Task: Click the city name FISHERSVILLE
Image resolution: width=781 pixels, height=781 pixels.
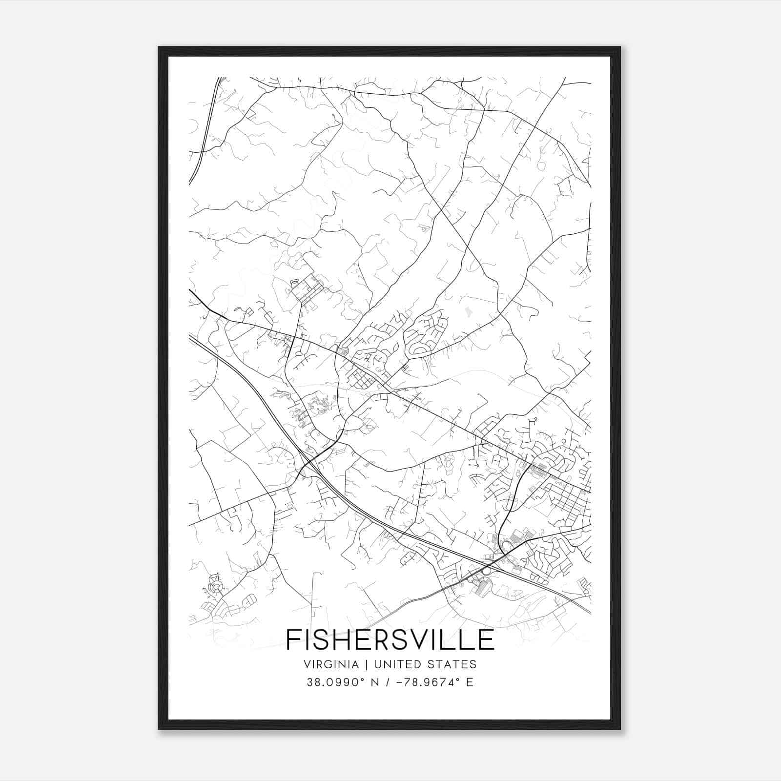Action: click(x=390, y=639)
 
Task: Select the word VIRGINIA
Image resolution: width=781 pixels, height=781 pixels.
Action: click(x=330, y=664)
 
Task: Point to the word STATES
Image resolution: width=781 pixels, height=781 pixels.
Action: click(x=452, y=664)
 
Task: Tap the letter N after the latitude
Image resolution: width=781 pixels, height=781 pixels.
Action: click(x=361, y=682)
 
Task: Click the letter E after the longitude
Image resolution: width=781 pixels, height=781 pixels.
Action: click(x=470, y=682)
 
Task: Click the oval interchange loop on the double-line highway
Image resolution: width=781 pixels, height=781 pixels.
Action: click(x=486, y=570)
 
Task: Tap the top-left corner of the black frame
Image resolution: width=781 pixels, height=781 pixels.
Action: click(x=159, y=47)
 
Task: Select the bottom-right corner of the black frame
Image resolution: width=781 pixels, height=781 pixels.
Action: click(x=620, y=729)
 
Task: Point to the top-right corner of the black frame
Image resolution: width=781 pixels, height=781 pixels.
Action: click(x=620, y=47)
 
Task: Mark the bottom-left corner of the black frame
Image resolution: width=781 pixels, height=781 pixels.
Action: click(x=159, y=729)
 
